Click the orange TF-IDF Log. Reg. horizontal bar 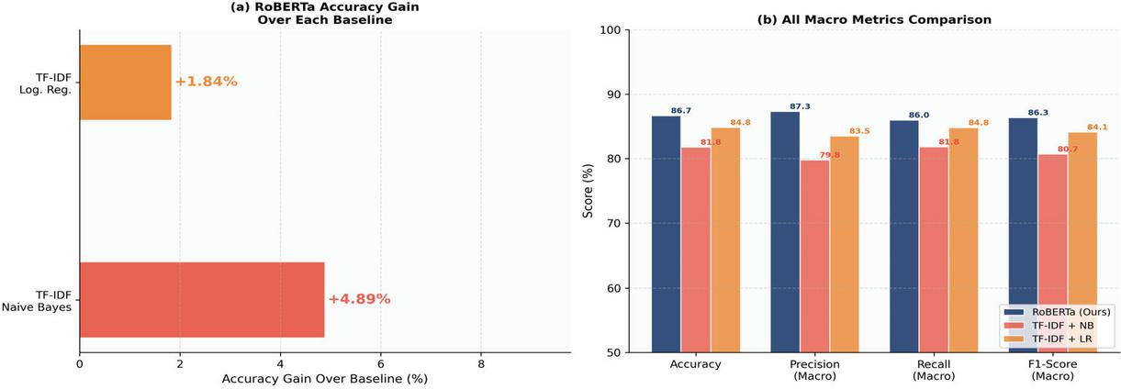coord(126,83)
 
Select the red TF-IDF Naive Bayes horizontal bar coord(202,299)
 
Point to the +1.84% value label coord(207,81)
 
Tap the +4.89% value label coord(359,299)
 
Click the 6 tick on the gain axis coord(380,364)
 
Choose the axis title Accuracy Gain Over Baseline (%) coord(325,379)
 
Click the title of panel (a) coord(325,14)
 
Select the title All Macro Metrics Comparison coord(874,19)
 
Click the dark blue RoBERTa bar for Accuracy coord(667,234)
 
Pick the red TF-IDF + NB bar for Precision coord(814,257)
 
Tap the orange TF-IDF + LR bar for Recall coord(963,240)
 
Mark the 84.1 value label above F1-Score coord(1097,128)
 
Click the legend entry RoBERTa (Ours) coord(1057,312)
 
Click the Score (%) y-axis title coord(588,191)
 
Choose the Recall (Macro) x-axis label coord(934,370)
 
